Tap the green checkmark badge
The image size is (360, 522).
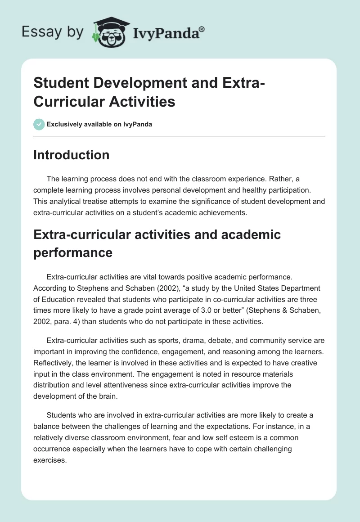tap(39, 124)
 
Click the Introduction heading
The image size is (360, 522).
tap(72, 155)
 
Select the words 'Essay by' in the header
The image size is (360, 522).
tap(52, 31)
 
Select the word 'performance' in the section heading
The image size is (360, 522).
tap(73, 252)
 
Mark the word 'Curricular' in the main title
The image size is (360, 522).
tap(69, 101)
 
